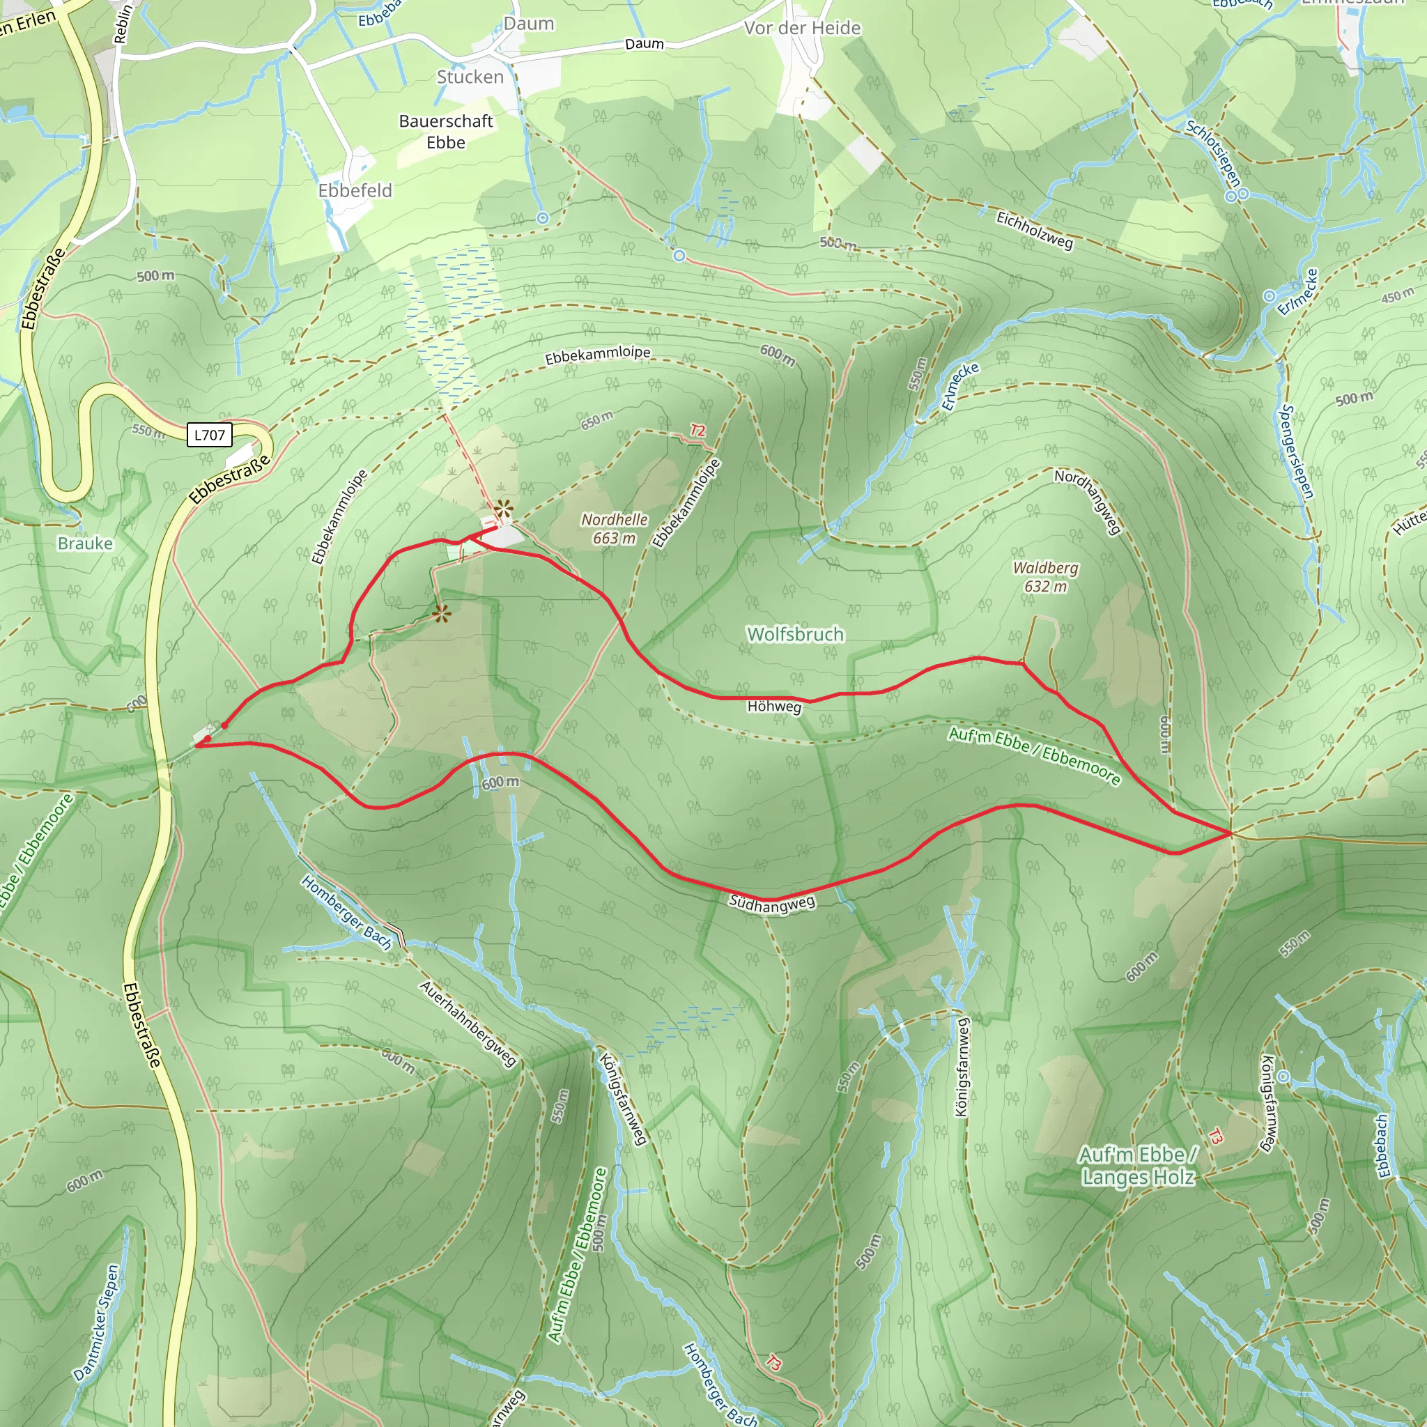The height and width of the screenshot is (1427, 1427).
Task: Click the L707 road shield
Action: (209, 435)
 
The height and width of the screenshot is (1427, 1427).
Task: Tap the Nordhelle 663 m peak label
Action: (614, 529)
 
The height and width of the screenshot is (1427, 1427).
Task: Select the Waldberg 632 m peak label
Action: (1045, 577)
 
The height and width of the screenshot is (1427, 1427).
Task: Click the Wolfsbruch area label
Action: (795, 635)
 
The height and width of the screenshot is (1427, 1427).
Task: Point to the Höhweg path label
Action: (774, 706)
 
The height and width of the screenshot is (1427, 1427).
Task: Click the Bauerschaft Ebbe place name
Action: (445, 132)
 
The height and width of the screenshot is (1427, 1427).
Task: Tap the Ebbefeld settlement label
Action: (355, 190)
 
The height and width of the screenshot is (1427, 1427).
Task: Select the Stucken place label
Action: (470, 77)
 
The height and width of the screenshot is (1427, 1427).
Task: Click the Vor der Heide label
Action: (802, 28)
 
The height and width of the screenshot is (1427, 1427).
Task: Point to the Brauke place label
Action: (85, 543)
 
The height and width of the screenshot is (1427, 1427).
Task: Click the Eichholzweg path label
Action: (1034, 230)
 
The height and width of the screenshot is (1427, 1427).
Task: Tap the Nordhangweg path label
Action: (1087, 502)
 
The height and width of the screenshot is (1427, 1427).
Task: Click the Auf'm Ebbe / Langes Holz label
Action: (1137, 1166)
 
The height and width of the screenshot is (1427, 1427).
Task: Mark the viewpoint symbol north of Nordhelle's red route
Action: (503, 508)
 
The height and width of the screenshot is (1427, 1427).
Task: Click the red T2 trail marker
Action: (697, 430)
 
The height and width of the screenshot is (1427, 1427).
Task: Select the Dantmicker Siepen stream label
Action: (97, 1323)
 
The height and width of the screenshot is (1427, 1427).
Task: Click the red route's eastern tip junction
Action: (1231, 833)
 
